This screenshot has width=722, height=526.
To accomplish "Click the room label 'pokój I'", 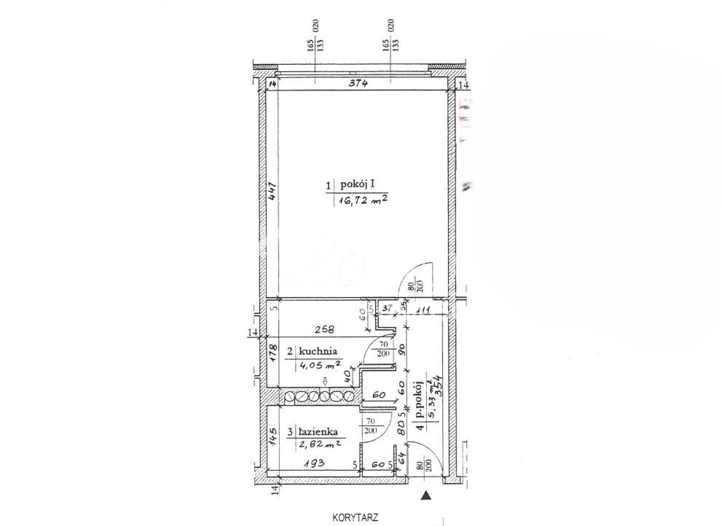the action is click(x=358, y=185).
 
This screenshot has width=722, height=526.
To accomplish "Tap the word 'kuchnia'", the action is click(x=318, y=351).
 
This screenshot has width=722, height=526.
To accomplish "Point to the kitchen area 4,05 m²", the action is click(x=321, y=366).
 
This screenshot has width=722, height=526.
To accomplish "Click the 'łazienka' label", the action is click(x=318, y=432).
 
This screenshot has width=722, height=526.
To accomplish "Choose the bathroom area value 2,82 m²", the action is click(x=321, y=444).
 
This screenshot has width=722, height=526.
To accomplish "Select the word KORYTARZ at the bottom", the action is click(x=355, y=518).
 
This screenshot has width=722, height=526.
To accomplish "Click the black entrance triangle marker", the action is click(x=426, y=495).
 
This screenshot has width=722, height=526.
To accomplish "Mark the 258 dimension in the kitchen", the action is click(x=324, y=330).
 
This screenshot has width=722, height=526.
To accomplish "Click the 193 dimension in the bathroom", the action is click(x=314, y=463).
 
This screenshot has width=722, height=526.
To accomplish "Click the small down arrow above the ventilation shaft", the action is click(x=325, y=381).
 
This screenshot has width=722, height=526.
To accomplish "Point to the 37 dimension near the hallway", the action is click(x=388, y=308).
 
